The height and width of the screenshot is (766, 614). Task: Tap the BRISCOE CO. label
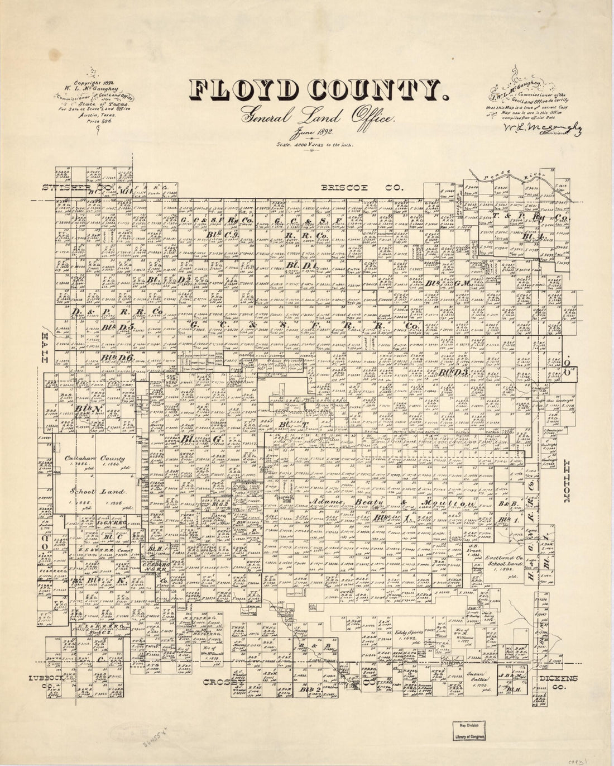361,188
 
